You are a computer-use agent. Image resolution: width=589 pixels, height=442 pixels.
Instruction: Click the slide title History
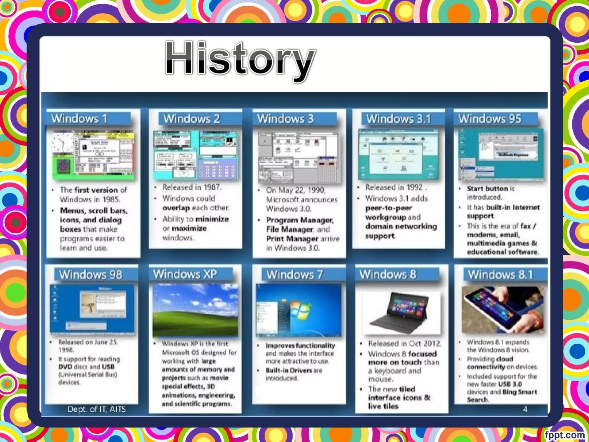[240, 59]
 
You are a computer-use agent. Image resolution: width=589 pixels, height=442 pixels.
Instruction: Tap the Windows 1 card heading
[79, 119]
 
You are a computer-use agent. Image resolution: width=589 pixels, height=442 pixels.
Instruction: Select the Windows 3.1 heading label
[399, 119]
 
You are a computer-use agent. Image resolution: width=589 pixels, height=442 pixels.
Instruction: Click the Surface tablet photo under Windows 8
[401, 313]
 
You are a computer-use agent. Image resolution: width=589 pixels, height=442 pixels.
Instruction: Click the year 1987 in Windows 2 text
[212, 187]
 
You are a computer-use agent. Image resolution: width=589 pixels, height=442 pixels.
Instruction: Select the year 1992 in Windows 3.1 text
[414, 187]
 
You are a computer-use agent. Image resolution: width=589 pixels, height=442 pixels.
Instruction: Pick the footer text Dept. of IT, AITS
[97, 409]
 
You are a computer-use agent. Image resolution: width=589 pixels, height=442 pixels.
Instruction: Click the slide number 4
[525, 409]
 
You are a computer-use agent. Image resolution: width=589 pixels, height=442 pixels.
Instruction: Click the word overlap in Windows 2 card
[176, 208]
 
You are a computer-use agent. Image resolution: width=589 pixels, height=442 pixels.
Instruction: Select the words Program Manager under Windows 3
[299, 220]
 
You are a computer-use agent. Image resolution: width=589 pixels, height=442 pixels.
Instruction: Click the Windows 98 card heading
[91, 275]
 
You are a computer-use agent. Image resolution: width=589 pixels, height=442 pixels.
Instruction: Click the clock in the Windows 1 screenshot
[62, 142]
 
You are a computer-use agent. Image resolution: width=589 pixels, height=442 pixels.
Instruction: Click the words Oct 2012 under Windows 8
[424, 344]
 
